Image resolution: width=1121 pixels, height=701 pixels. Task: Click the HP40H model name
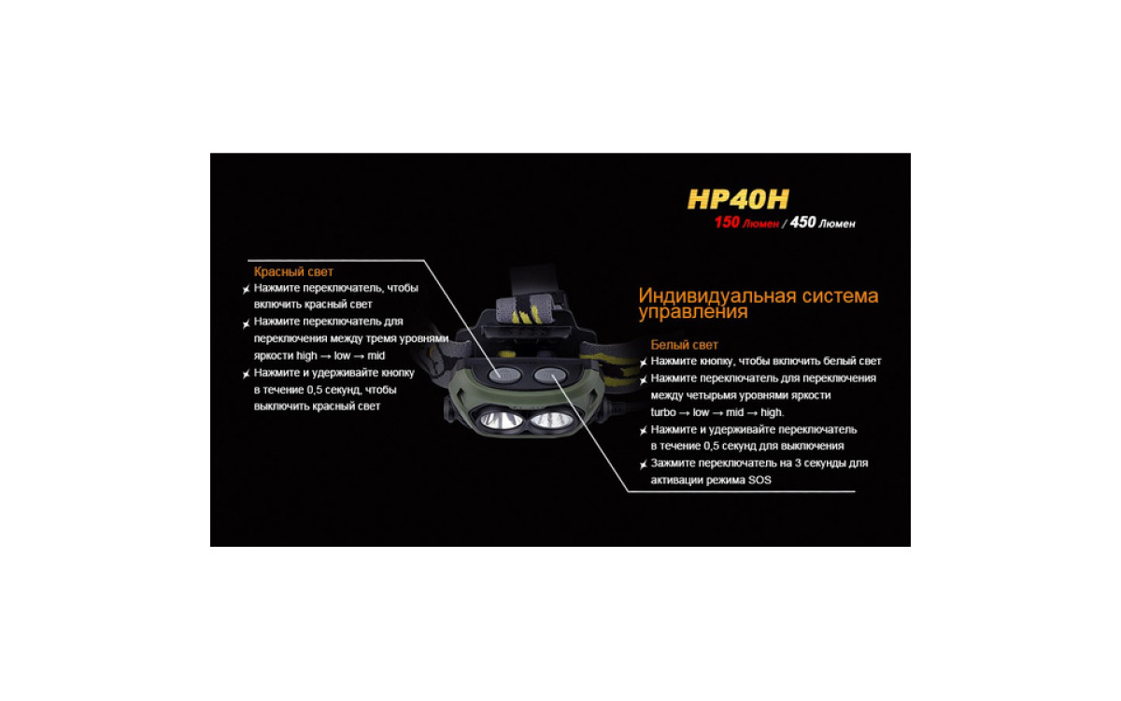click(x=738, y=199)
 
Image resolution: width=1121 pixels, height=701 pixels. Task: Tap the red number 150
click(x=727, y=222)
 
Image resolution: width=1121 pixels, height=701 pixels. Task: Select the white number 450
click(x=802, y=222)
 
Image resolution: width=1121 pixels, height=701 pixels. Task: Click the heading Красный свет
click(x=293, y=272)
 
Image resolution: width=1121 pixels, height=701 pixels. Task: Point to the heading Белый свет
click(x=684, y=345)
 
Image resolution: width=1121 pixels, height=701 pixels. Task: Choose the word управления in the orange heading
click(x=693, y=312)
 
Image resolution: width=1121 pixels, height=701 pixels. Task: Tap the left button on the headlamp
click(x=505, y=375)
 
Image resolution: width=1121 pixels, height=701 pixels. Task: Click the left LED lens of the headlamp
click(x=501, y=420)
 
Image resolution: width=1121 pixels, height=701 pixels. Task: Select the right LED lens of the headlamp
click(x=551, y=420)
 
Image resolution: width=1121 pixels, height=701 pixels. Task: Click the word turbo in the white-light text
click(x=663, y=412)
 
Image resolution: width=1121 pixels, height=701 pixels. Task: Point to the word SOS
click(x=759, y=480)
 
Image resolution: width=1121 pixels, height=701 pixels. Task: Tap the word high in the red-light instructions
click(x=306, y=355)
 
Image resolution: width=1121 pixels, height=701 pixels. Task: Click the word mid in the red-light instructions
click(x=376, y=355)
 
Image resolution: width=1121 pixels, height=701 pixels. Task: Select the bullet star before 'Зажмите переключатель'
click(x=643, y=465)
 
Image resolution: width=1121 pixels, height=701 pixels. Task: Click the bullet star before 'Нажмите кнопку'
click(x=643, y=362)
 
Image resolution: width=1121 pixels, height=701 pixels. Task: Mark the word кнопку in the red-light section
click(x=397, y=373)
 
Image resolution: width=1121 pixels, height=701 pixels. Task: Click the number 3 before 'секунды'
click(x=798, y=464)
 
